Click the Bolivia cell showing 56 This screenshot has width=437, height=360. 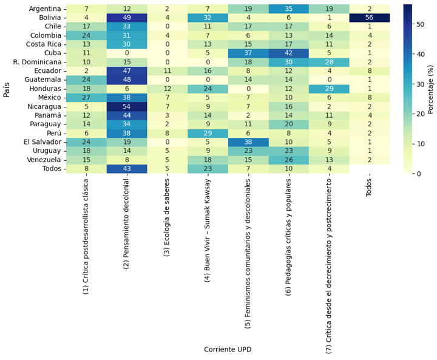tap(370, 18)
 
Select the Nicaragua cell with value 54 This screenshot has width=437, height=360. tap(127, 106)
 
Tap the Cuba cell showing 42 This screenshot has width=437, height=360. tap(289, 53)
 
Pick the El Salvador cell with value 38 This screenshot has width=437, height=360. tap(248, 142)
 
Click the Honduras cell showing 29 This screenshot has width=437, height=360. tap(329, 89)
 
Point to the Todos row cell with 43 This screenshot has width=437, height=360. tap(127, 169)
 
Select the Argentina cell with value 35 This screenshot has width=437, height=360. tap(289, 9)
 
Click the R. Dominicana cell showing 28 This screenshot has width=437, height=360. tap(329, 62)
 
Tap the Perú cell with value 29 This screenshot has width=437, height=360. tap(208, 133)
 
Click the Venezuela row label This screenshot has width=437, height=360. tap(43, 160)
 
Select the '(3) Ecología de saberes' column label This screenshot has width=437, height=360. tap(168, 217)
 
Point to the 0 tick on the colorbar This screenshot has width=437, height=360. tap(419, 174)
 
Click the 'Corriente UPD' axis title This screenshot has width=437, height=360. tap(228, 350)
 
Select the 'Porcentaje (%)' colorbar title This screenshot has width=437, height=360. tap(430, 89)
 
